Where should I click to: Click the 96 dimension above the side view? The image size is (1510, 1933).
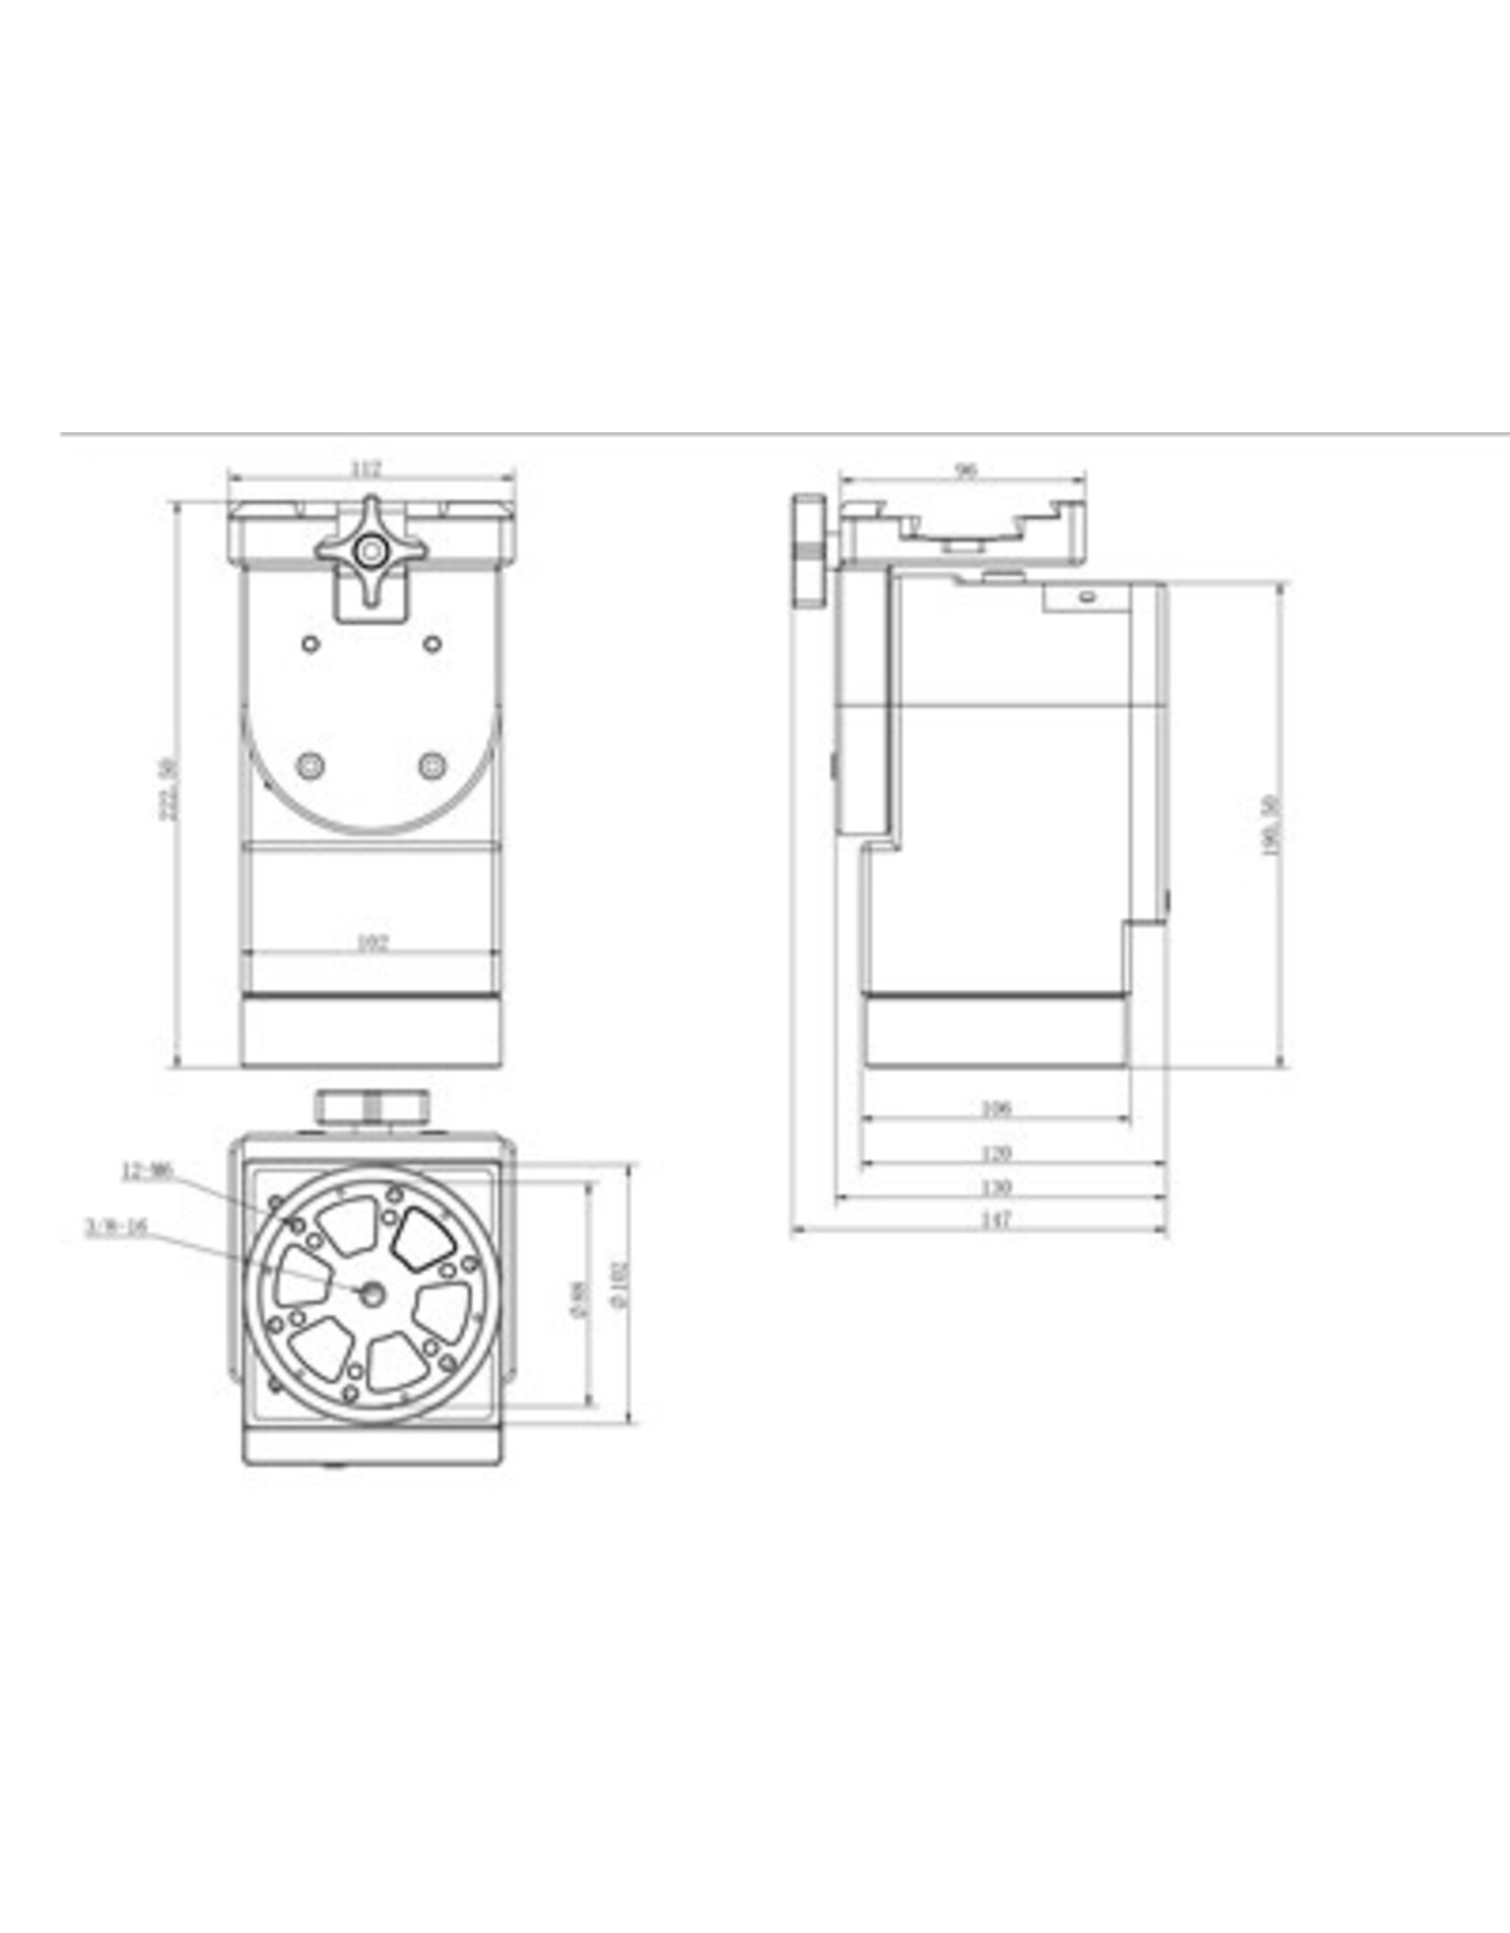coord(965,471)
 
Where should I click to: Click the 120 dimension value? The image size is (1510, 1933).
coord(996,1152)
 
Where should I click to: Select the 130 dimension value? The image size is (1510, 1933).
coord(996,1186)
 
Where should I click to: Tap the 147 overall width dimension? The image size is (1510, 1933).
coord(996,1220)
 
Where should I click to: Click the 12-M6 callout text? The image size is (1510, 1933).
coord(147,1171)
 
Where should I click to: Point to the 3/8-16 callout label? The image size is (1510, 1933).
coord(117,1228)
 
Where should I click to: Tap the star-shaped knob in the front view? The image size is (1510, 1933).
coord(371,549)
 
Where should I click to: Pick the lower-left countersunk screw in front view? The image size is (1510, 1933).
coord(310,765)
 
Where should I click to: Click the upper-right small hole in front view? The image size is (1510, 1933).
coord(432,644)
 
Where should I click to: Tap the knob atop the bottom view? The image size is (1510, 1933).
coord(372,1105)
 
